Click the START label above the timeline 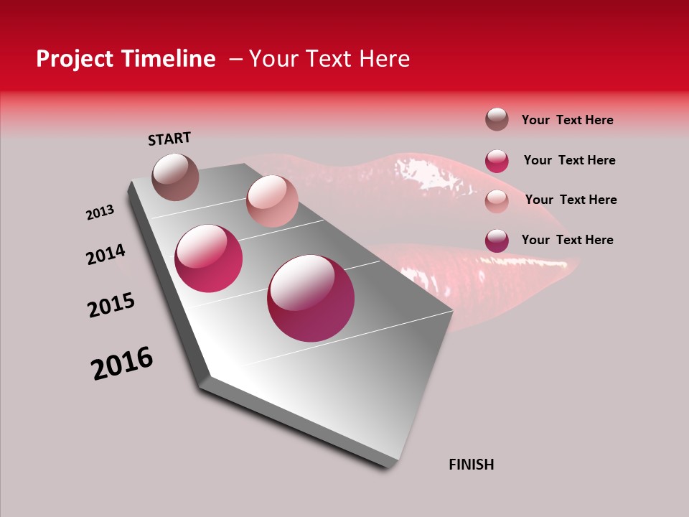[169, 139]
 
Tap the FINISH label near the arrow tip [471, 465]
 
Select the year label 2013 [100, 213]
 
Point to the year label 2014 [106, 254]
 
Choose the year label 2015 [111, 305]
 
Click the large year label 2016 [122, 363]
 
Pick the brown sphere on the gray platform [175, 177]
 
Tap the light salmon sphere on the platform [272, 201]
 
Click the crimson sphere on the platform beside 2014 [209, 258]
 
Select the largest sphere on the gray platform [311, 298]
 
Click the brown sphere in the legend [497, 119]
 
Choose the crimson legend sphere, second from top [497, 161]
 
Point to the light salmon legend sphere [497, 200]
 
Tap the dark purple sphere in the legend [497, 241]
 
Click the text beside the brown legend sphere [567, 120]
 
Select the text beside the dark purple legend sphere [567, 240]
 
